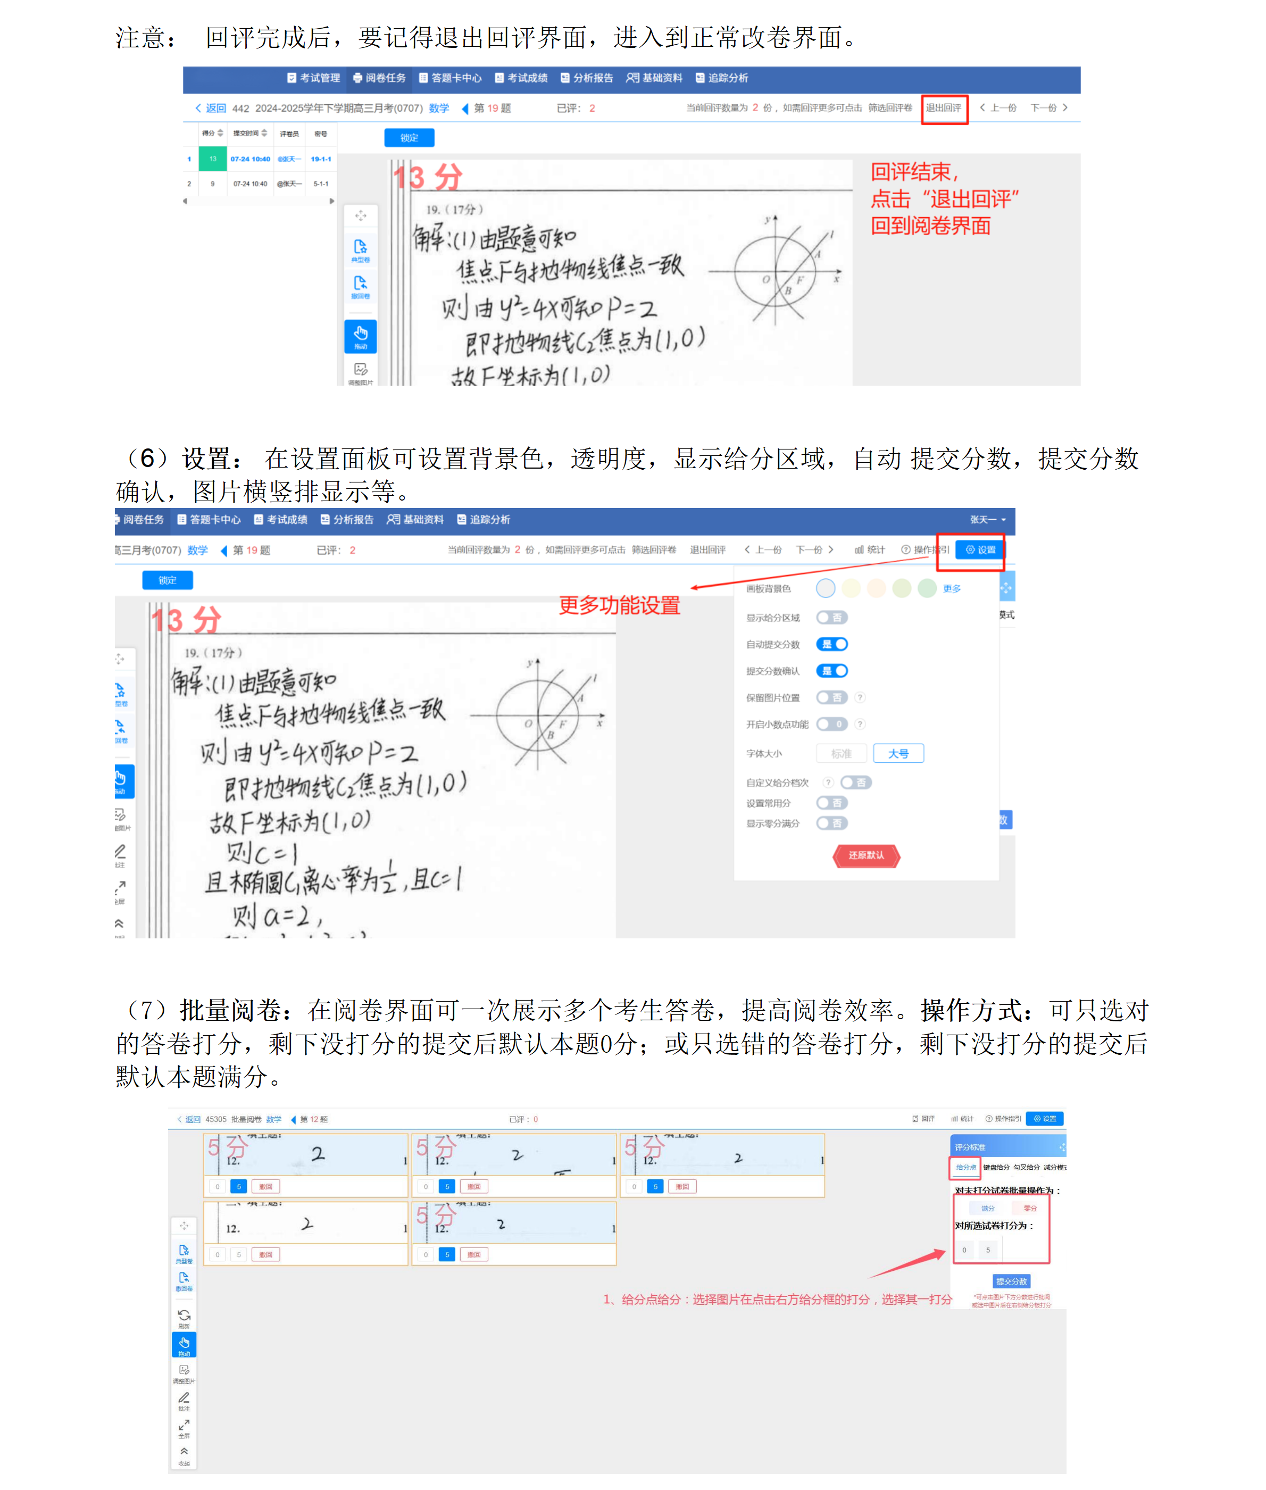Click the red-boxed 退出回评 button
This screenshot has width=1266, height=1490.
(x=943, y=109)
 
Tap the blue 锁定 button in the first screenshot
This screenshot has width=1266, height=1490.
(x=409, y=138)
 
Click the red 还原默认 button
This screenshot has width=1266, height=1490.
(x=865, y=855)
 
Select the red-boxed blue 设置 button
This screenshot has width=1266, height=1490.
(x=980, y=550)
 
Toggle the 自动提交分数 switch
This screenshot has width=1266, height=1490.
(x=832, y=645)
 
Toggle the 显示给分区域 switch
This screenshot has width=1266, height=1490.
(x=832, y=617)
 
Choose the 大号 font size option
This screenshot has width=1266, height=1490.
(x=898, y=754)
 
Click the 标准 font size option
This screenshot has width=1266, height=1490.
(x=840, y=754)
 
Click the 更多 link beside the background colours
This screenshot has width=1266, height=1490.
(x=951, y=588)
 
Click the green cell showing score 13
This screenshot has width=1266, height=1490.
(x=212, y=160)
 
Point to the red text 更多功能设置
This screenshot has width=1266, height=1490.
(x=619, y=605)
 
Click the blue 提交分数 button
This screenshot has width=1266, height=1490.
(x=1011, y=1281)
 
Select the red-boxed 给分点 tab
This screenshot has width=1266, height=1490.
(x=965, y=1168)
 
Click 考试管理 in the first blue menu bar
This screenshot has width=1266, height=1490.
(x=314, y=78)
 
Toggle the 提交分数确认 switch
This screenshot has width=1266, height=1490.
(x=832, y=671)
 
